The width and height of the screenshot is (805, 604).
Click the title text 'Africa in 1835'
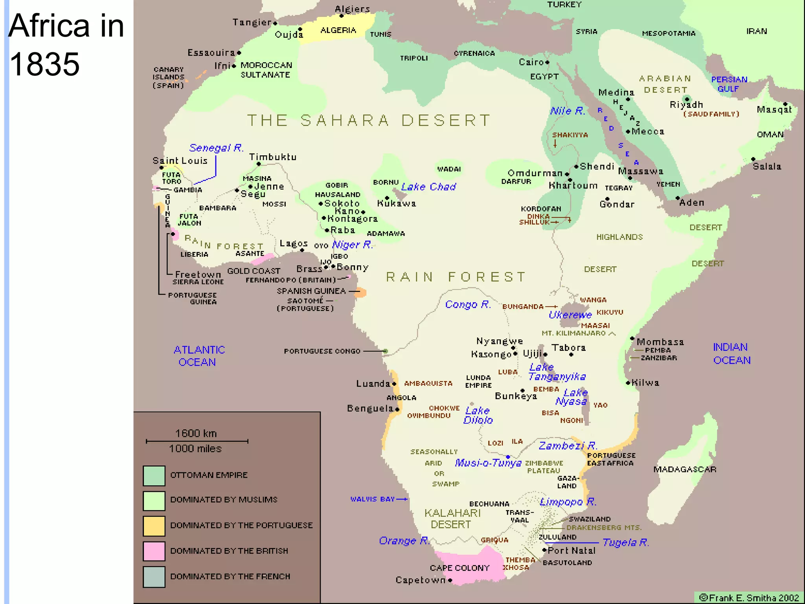[66, 44]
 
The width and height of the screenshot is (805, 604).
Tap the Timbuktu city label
[273, 157]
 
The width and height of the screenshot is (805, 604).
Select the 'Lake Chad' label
[428, 187]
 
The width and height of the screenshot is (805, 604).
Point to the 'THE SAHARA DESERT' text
[369, 120]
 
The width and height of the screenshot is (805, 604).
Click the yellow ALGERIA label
[338, 30]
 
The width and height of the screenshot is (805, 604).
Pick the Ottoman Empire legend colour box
[154, 475]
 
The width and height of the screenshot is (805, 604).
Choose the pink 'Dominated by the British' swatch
[154, 551]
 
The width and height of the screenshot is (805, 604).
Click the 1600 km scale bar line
[197, 441]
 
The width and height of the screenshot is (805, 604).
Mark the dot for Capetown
[450, 580]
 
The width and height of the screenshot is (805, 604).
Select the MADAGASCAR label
[685, 469]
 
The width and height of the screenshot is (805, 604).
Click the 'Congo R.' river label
[468, 304]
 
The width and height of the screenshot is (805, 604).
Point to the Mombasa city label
[660, 342]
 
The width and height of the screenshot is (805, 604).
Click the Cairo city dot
[547, 62]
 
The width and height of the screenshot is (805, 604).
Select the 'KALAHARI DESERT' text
[452, 519]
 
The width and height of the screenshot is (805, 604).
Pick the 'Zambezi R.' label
[568, 446]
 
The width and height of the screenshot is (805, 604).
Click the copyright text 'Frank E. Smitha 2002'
[749, 598]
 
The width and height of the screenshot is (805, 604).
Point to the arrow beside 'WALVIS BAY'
[402, 499]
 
